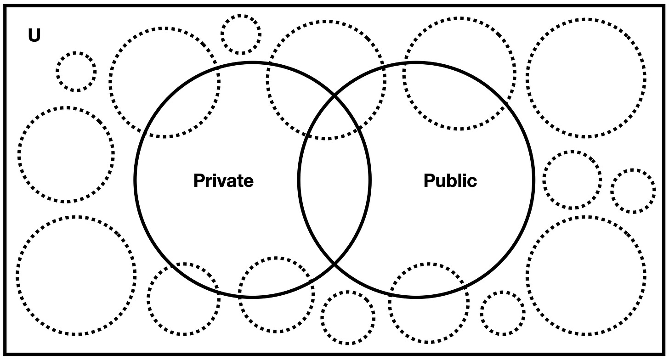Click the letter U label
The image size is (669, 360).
(x=34, y=36)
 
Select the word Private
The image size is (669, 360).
(x=223, y=180)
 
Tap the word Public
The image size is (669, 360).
(x=450, y=180)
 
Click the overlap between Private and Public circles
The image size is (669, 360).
(x=334, y=180)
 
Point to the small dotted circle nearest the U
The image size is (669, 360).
(x=76, y=72)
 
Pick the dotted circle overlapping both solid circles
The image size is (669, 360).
(x=326, y=80)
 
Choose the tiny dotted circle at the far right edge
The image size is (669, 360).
(x=633, y=191)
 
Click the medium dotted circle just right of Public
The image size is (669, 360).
(x=572, y=180)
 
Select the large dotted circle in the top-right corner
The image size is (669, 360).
(x=585, y=78)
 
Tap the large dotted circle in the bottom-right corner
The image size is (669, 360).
(x=586, y=276)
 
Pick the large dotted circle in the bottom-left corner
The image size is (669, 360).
(x=76, y=276)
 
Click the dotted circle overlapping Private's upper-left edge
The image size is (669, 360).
(x=164, y=82)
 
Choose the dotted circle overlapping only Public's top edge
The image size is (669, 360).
(x=459, y=73)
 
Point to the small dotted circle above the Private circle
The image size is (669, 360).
(x=241, y=34)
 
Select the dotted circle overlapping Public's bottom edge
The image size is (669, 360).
(x=429, y=303)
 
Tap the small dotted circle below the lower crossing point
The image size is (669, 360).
(x=348, y=317)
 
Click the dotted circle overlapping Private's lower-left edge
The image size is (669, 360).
(x=184, y=299)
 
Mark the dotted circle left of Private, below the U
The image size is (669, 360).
(x=66, y=154)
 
